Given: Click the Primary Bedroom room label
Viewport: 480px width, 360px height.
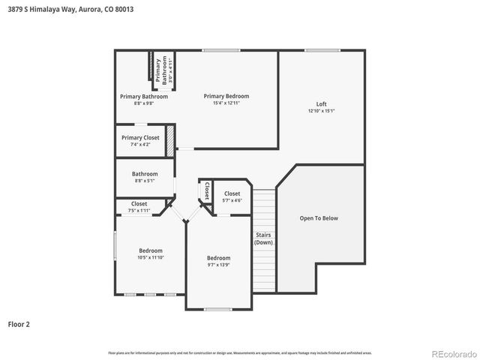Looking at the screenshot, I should [226, 96].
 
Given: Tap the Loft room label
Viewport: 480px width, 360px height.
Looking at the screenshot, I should [321, 103].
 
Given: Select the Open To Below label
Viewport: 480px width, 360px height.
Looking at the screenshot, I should [319, 218].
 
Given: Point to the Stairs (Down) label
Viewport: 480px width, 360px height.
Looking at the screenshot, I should [263, 238].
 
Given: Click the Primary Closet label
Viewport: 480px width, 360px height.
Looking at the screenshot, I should [140, 137].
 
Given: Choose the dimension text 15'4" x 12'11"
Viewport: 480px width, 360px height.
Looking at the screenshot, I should [226, 103].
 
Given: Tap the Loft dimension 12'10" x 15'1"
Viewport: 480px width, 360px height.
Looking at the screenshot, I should [321, 111].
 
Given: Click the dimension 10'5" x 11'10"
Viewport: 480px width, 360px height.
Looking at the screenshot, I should [150, 257].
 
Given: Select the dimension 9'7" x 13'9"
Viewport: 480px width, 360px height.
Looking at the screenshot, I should [219, 265].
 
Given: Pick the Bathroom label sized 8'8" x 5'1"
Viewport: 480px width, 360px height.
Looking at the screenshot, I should [145, 174].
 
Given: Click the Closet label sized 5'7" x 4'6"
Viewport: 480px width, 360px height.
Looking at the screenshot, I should [232, 193].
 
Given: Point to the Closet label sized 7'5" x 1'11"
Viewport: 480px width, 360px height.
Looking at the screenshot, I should [139, 203].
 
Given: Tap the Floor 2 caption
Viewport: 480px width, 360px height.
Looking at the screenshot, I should [19, 325].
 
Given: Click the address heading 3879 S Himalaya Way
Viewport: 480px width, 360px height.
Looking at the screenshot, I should [53, 9].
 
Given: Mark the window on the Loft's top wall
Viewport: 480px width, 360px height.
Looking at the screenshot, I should [322, 50].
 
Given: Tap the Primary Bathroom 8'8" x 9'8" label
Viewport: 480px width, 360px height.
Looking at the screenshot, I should [144, 96].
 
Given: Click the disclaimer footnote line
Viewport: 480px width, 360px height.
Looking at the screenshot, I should [239, 352].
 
